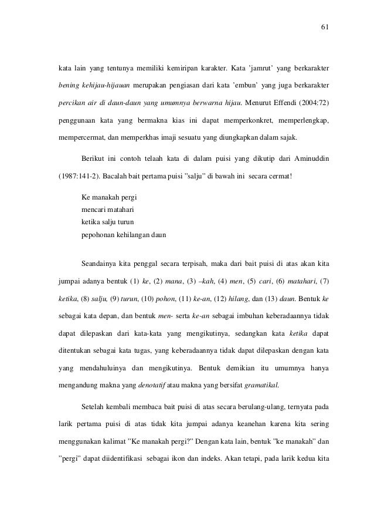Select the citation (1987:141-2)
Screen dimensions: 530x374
(76, 175)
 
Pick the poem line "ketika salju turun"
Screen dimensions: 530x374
(108, 223)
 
